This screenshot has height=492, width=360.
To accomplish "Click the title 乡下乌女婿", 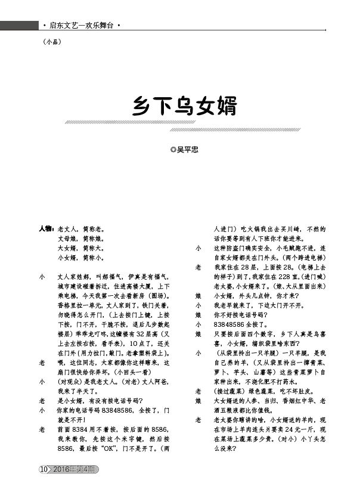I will coord(184,107).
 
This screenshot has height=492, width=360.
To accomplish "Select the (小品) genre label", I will coord(52,42).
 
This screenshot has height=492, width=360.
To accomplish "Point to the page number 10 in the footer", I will coord(43,469).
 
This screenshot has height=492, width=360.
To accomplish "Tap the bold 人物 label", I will coord(46,228).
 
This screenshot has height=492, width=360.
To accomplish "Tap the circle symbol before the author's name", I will coord(173,150).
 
